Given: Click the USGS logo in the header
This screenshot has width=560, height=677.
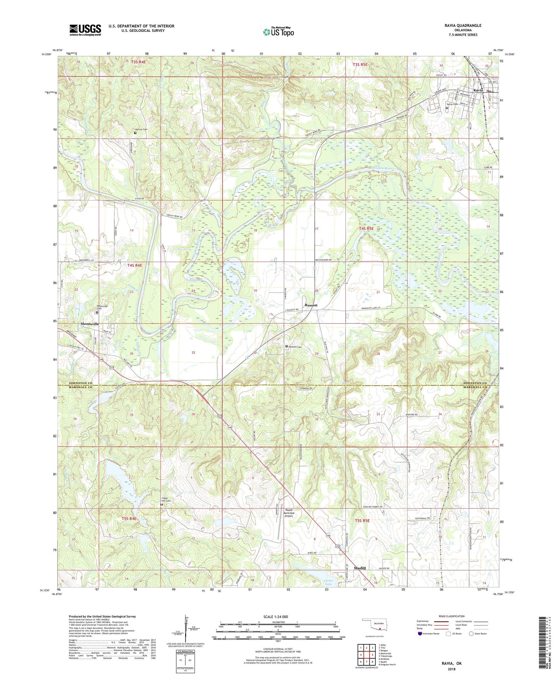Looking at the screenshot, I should (85, 30).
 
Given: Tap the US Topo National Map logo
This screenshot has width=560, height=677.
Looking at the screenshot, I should (278, 32).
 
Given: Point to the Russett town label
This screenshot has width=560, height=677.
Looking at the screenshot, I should (311, 305).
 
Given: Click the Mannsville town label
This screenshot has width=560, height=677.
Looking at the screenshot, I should (90, 324).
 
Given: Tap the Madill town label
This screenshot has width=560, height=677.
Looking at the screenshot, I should (360, 568).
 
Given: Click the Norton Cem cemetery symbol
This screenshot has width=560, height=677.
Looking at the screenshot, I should (135, 133).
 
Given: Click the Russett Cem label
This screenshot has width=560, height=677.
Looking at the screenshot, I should (297, 346).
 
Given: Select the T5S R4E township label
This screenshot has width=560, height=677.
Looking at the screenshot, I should (129, 518).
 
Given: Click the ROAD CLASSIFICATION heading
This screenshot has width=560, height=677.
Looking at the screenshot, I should (451, 616).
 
